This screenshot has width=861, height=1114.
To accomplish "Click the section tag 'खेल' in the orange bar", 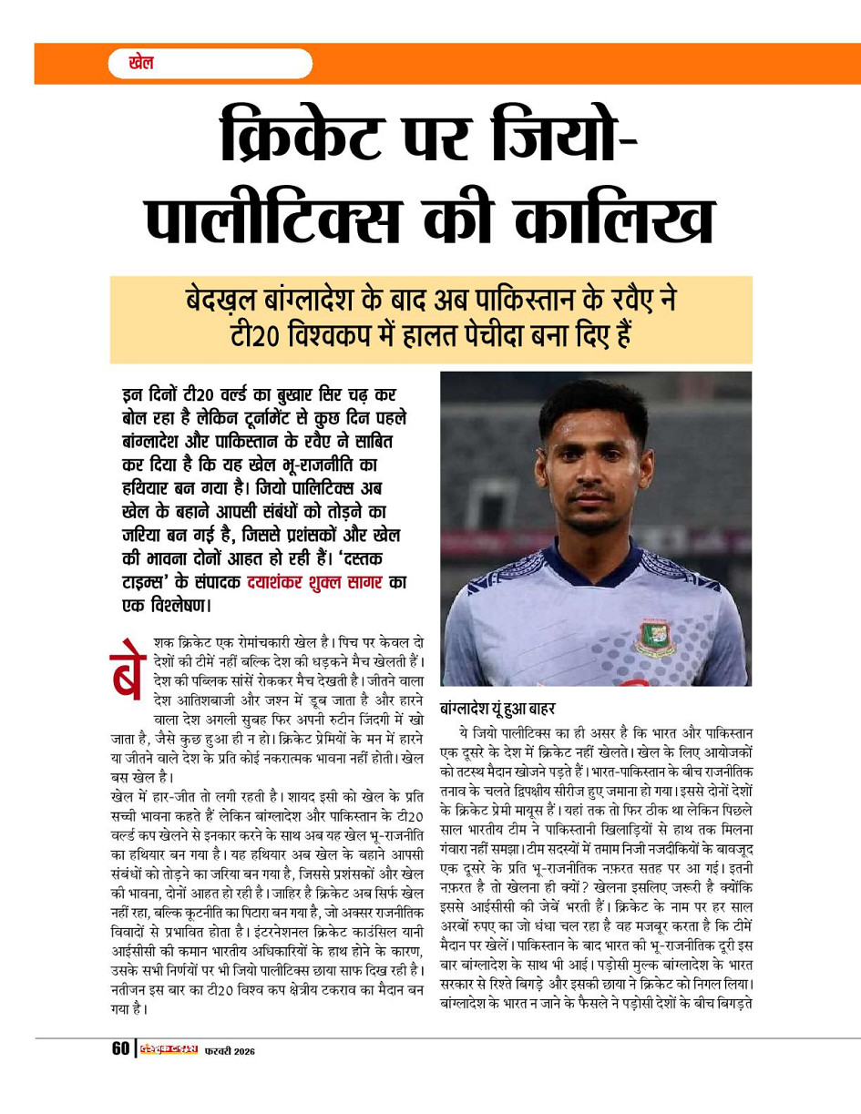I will point(141,64).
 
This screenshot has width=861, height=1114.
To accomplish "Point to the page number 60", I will point(120,1048).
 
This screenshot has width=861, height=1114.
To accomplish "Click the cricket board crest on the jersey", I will point(655,636).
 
